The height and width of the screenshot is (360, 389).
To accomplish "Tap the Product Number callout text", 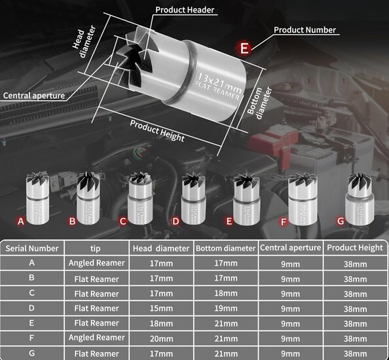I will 305,29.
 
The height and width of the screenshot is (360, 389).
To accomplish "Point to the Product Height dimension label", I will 157,131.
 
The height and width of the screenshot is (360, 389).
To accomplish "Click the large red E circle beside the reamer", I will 245,47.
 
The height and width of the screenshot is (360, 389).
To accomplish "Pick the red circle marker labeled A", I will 21,221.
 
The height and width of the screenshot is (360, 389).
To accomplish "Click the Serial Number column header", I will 32,248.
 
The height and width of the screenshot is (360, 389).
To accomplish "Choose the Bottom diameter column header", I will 225,248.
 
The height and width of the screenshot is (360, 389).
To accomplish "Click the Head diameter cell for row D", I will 162,308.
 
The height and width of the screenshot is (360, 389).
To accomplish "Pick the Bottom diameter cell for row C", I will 225,293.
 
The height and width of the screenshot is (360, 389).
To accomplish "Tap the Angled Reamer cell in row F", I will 96,337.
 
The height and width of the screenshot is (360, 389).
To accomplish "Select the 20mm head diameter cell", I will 162,338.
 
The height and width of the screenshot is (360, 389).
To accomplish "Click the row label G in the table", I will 32,352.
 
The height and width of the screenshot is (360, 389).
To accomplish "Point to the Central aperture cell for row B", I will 291,278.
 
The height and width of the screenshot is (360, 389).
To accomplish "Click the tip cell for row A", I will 96,262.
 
